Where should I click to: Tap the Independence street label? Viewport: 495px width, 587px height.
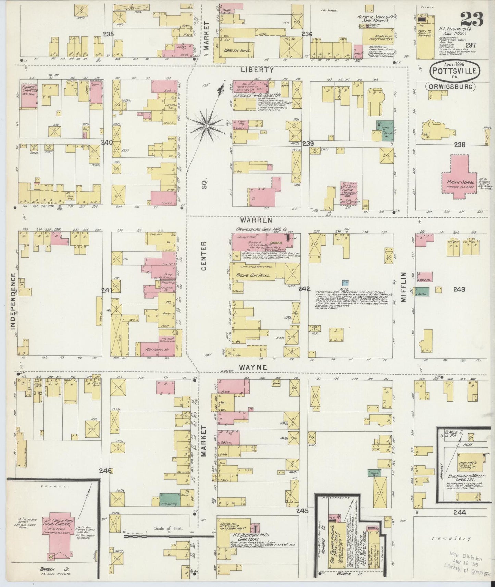click(x=13, y=301)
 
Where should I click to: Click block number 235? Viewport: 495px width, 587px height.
click(x=109, y=34)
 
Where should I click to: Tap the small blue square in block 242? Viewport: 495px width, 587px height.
click(x=347, y=283)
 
